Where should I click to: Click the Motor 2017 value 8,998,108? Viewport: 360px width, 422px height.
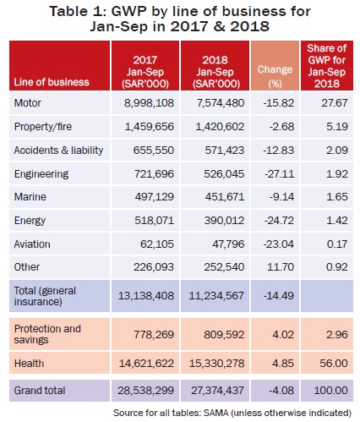click(149, 103)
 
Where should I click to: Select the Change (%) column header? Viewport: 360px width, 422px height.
click(275, 76)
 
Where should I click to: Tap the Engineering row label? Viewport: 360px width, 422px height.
click(41, 174)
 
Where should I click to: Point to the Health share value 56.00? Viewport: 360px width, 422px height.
click(334, 363)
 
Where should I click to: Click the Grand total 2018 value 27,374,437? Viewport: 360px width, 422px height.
click(217, 391)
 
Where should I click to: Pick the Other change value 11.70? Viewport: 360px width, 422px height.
click(281, 267)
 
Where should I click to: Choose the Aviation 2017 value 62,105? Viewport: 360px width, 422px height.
click(157, 244)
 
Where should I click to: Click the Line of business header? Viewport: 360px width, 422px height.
click(52, 82)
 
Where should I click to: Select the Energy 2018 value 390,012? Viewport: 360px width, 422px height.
click(224, 220)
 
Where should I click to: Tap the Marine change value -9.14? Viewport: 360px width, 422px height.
click(281, 196)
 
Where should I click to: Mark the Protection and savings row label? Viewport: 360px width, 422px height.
click(47, 334)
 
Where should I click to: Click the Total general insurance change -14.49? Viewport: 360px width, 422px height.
click(279, 296)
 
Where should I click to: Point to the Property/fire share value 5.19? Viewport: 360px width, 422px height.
click(337, 127)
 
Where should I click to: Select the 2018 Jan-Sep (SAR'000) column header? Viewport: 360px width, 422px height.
click(215, 72)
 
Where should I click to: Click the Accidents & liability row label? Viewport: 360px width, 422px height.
click(58, 151)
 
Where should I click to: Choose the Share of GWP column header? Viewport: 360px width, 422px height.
click(327, 66)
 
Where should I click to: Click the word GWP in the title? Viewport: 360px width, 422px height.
click(129, 12)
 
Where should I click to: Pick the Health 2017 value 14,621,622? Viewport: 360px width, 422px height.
click(146, 363)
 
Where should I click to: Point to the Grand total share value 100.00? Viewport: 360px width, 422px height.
click(330, 391)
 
